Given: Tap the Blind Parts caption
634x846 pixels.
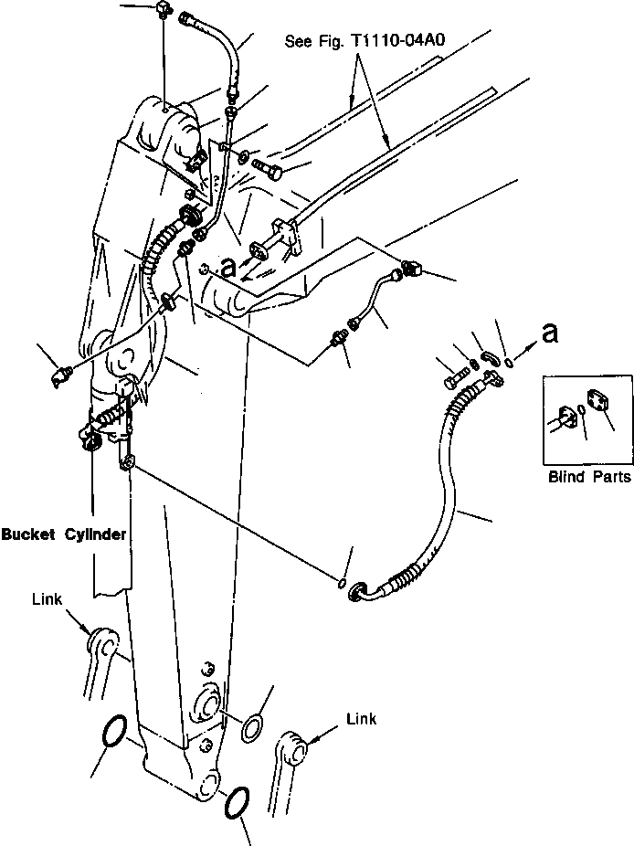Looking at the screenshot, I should [x=588, y=477].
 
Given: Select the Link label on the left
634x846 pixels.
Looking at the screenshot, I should [x=47, y=599].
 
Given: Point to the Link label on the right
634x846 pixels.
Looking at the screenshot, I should [x=362, y=720].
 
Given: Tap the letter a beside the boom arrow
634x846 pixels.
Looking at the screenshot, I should [x=229, y=266].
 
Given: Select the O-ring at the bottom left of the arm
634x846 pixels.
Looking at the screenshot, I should [x=112, y=733].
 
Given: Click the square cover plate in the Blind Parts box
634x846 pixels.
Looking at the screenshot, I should [x=598, y=403].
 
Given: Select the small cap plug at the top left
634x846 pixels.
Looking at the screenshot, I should [x=164, y=12].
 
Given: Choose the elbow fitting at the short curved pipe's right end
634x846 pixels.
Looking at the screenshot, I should [x=407, y=268].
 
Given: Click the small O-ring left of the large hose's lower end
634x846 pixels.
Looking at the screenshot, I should [x=342, y=582].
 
